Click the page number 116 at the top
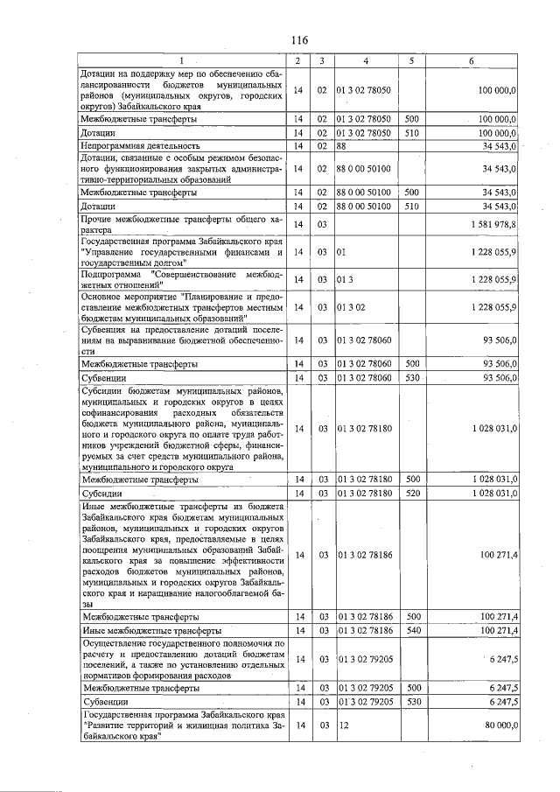click(x=299, y=40)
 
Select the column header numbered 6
click(x=472, y=60)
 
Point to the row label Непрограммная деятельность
click(x=141, y=145)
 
